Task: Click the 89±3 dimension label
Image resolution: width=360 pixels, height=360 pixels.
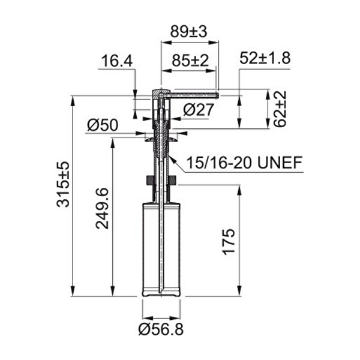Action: pos(189,31)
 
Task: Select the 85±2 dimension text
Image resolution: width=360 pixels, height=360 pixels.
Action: pos(190,61)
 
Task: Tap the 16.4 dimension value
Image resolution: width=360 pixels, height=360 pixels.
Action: pos(117,61)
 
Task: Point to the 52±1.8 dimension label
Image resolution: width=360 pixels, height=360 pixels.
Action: pos(265,58)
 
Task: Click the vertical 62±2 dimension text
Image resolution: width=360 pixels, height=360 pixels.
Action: pos(280,109)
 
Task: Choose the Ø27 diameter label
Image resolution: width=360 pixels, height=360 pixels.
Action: pos(199,110)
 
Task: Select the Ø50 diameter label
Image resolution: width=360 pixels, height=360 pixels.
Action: pos(103,125)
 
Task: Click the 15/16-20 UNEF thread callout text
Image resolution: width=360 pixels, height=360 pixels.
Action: pos(244,163)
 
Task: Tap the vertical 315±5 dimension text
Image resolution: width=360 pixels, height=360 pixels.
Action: pos(63,184)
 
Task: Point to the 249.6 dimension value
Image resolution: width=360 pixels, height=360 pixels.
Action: pos(102,208)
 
